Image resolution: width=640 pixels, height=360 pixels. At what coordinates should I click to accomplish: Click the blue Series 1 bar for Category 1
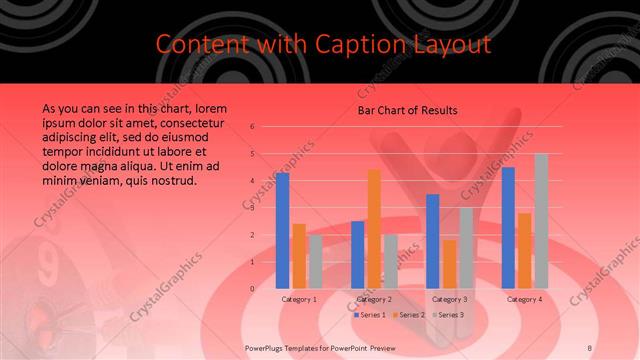283,231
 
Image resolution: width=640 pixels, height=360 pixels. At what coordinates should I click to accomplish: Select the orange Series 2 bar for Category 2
374,229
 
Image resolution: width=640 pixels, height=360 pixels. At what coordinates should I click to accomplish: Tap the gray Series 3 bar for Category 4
541,221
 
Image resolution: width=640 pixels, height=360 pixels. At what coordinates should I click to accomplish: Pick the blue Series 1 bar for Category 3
433,241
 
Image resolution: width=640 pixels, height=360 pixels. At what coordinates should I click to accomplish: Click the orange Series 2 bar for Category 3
449,264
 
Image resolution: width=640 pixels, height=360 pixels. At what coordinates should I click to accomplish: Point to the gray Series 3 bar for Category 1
315,262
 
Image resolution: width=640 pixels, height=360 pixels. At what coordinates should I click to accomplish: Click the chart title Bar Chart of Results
408,109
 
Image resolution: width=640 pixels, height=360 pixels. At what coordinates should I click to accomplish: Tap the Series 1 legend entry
369,315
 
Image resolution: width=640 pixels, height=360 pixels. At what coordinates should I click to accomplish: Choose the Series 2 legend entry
408,315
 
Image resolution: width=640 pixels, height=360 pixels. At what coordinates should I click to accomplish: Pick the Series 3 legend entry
448,315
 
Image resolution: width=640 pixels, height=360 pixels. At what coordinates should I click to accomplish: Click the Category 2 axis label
374,299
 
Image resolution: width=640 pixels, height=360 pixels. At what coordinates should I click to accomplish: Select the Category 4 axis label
524,299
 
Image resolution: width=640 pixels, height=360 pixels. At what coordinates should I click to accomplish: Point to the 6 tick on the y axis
253,127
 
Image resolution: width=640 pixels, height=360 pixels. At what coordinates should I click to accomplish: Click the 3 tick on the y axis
253,208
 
